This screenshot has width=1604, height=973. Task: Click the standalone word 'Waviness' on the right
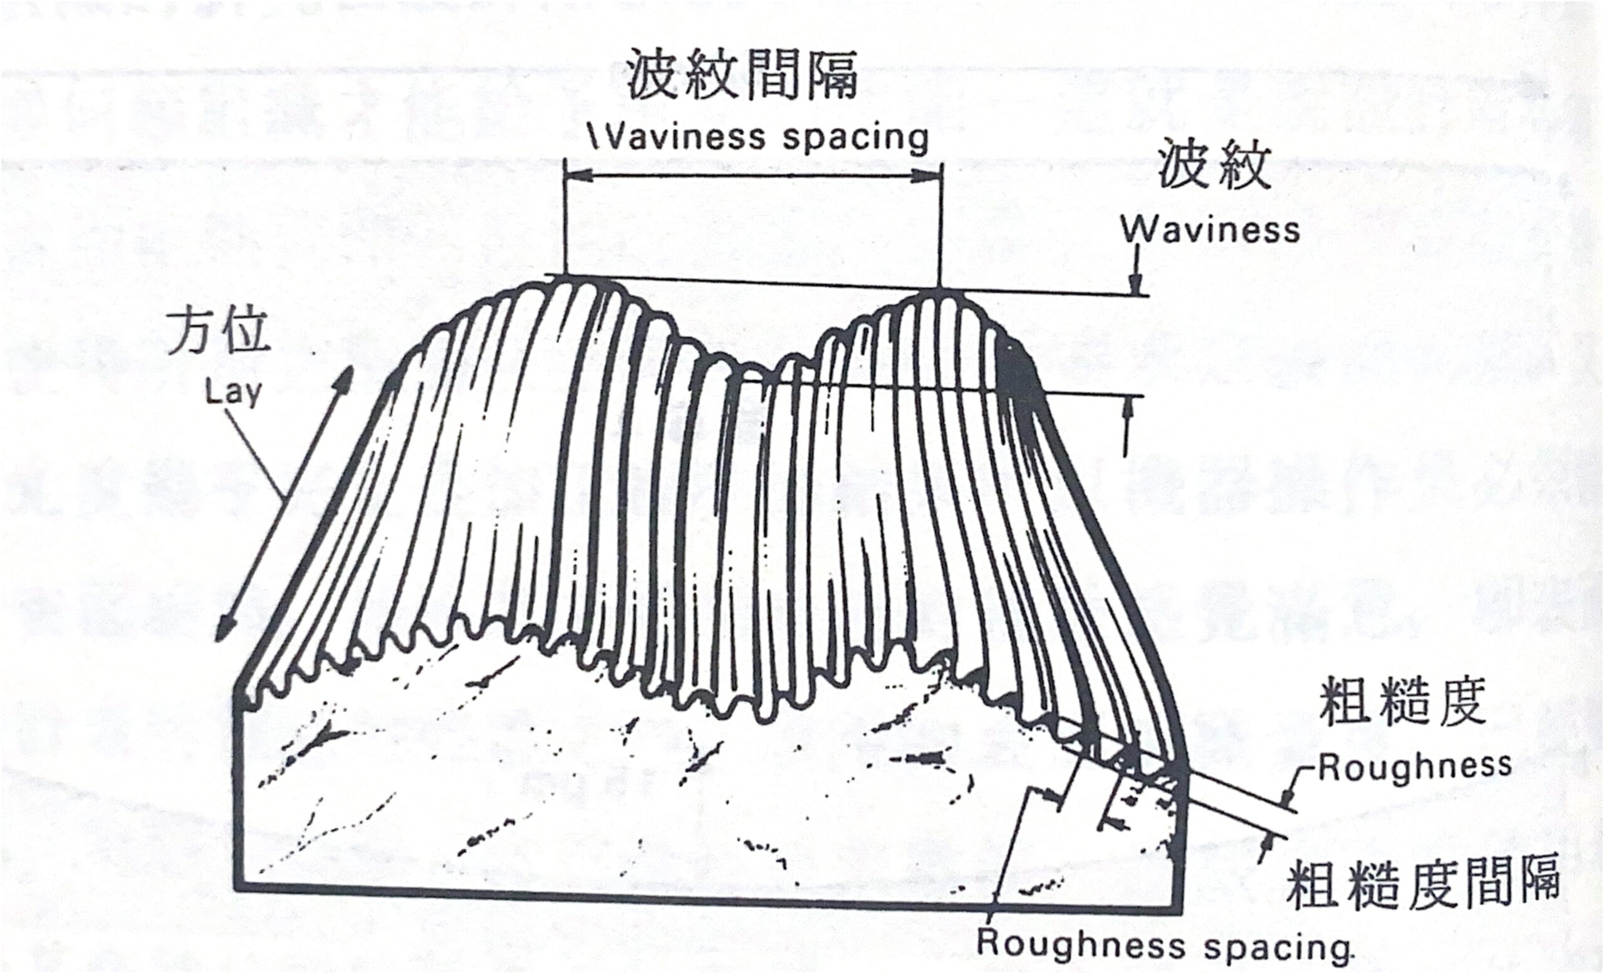1210,230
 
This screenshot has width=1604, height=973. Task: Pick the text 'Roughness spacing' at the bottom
1164,944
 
